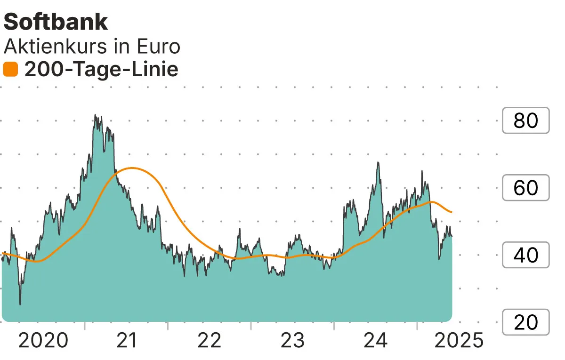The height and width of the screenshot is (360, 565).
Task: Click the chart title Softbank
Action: (56, 22)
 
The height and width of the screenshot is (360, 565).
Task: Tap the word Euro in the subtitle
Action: (157, 47)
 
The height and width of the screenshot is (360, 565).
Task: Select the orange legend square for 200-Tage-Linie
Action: (10, 70)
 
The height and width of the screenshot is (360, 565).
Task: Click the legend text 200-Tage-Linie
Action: (101, 70)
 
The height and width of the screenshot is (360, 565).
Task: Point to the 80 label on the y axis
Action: (526, 121)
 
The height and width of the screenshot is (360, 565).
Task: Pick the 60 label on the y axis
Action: (526, 188)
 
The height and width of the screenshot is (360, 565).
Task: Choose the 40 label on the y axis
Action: (526, 255)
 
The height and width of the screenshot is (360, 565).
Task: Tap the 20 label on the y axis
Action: (526, 322)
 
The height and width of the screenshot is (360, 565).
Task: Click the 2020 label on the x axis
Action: (43, 340)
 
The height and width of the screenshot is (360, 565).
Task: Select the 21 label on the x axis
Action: (126, 340)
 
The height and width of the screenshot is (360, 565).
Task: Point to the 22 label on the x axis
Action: (210, 340)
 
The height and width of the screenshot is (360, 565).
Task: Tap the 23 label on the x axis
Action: (293, 340)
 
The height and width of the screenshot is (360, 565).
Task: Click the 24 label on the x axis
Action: (376, 340)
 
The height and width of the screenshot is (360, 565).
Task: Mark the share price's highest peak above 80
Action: (95, 115)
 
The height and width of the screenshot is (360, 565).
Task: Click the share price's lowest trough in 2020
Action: (20, 304)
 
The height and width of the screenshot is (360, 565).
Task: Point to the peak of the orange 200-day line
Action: (133, 168)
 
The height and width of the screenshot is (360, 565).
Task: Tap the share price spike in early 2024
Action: (378, 163)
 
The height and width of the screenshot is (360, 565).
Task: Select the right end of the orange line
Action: (452, 212)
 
